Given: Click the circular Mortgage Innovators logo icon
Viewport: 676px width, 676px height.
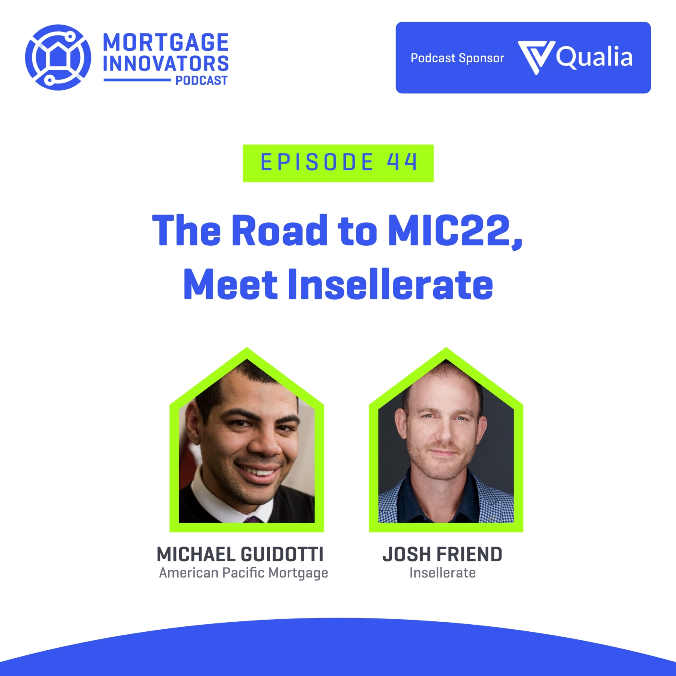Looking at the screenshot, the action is (58, 57).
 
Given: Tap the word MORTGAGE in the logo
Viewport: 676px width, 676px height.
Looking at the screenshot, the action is (166, 42).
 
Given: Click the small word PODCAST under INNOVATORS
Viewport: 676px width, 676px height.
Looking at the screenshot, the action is (201, 80).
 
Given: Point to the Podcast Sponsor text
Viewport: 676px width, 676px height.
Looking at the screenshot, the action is (457, 58).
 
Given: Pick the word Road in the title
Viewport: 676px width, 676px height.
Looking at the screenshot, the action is (279, 230).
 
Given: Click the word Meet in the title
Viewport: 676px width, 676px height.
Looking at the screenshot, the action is (230, 284).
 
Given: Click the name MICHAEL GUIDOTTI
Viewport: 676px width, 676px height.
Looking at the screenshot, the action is (240, 554).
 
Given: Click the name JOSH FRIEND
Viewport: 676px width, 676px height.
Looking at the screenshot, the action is (442, 554).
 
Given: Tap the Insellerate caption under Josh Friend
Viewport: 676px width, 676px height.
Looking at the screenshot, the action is (443, 573).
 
